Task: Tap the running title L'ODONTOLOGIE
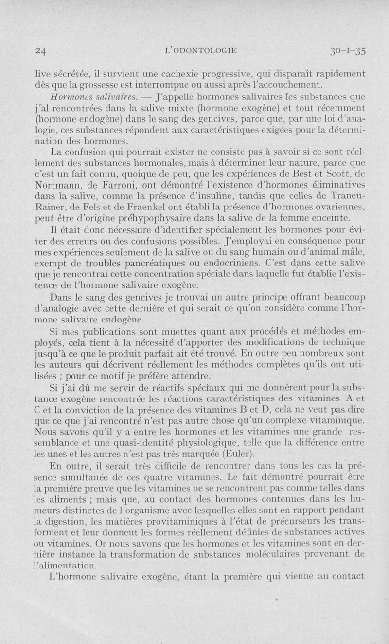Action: click(201, 50)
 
